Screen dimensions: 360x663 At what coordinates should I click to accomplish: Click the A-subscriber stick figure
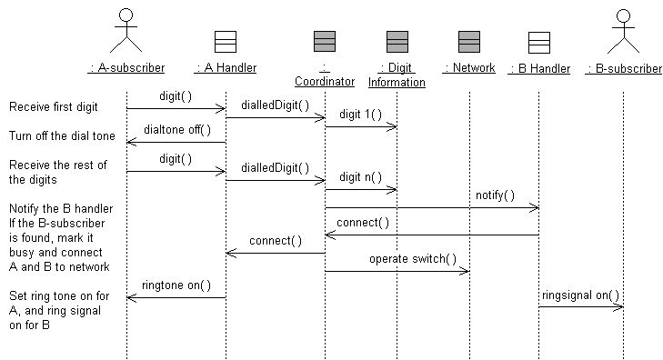click(126, 29)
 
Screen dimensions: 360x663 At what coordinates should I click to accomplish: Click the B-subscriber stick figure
click(623, 29)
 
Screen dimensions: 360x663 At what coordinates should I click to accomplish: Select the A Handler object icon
click(226, 41)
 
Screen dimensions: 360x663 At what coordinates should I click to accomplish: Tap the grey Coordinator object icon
click(325, 41)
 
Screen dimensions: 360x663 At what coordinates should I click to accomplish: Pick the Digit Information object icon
click(397, 41)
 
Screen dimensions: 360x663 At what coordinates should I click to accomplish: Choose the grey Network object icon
click(469, 41)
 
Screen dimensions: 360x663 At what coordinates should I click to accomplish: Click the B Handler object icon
click(539, 41)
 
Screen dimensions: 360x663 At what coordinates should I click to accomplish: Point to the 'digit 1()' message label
click(361, 115)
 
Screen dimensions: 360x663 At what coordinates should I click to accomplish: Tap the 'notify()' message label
click(495, 195)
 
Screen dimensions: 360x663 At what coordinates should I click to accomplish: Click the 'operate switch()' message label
click(412, 258)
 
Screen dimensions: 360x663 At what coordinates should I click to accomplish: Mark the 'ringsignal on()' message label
click(581, 295)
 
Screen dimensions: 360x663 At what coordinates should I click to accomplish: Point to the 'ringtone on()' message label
click(176, 285)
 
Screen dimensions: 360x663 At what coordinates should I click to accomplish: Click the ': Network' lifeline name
click(469, 68)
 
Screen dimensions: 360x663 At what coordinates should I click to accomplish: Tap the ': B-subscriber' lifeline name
click(623, 68)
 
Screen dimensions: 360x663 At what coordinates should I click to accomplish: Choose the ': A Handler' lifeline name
click(226, 68)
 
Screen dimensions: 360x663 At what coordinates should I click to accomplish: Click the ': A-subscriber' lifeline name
click(126, 68)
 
